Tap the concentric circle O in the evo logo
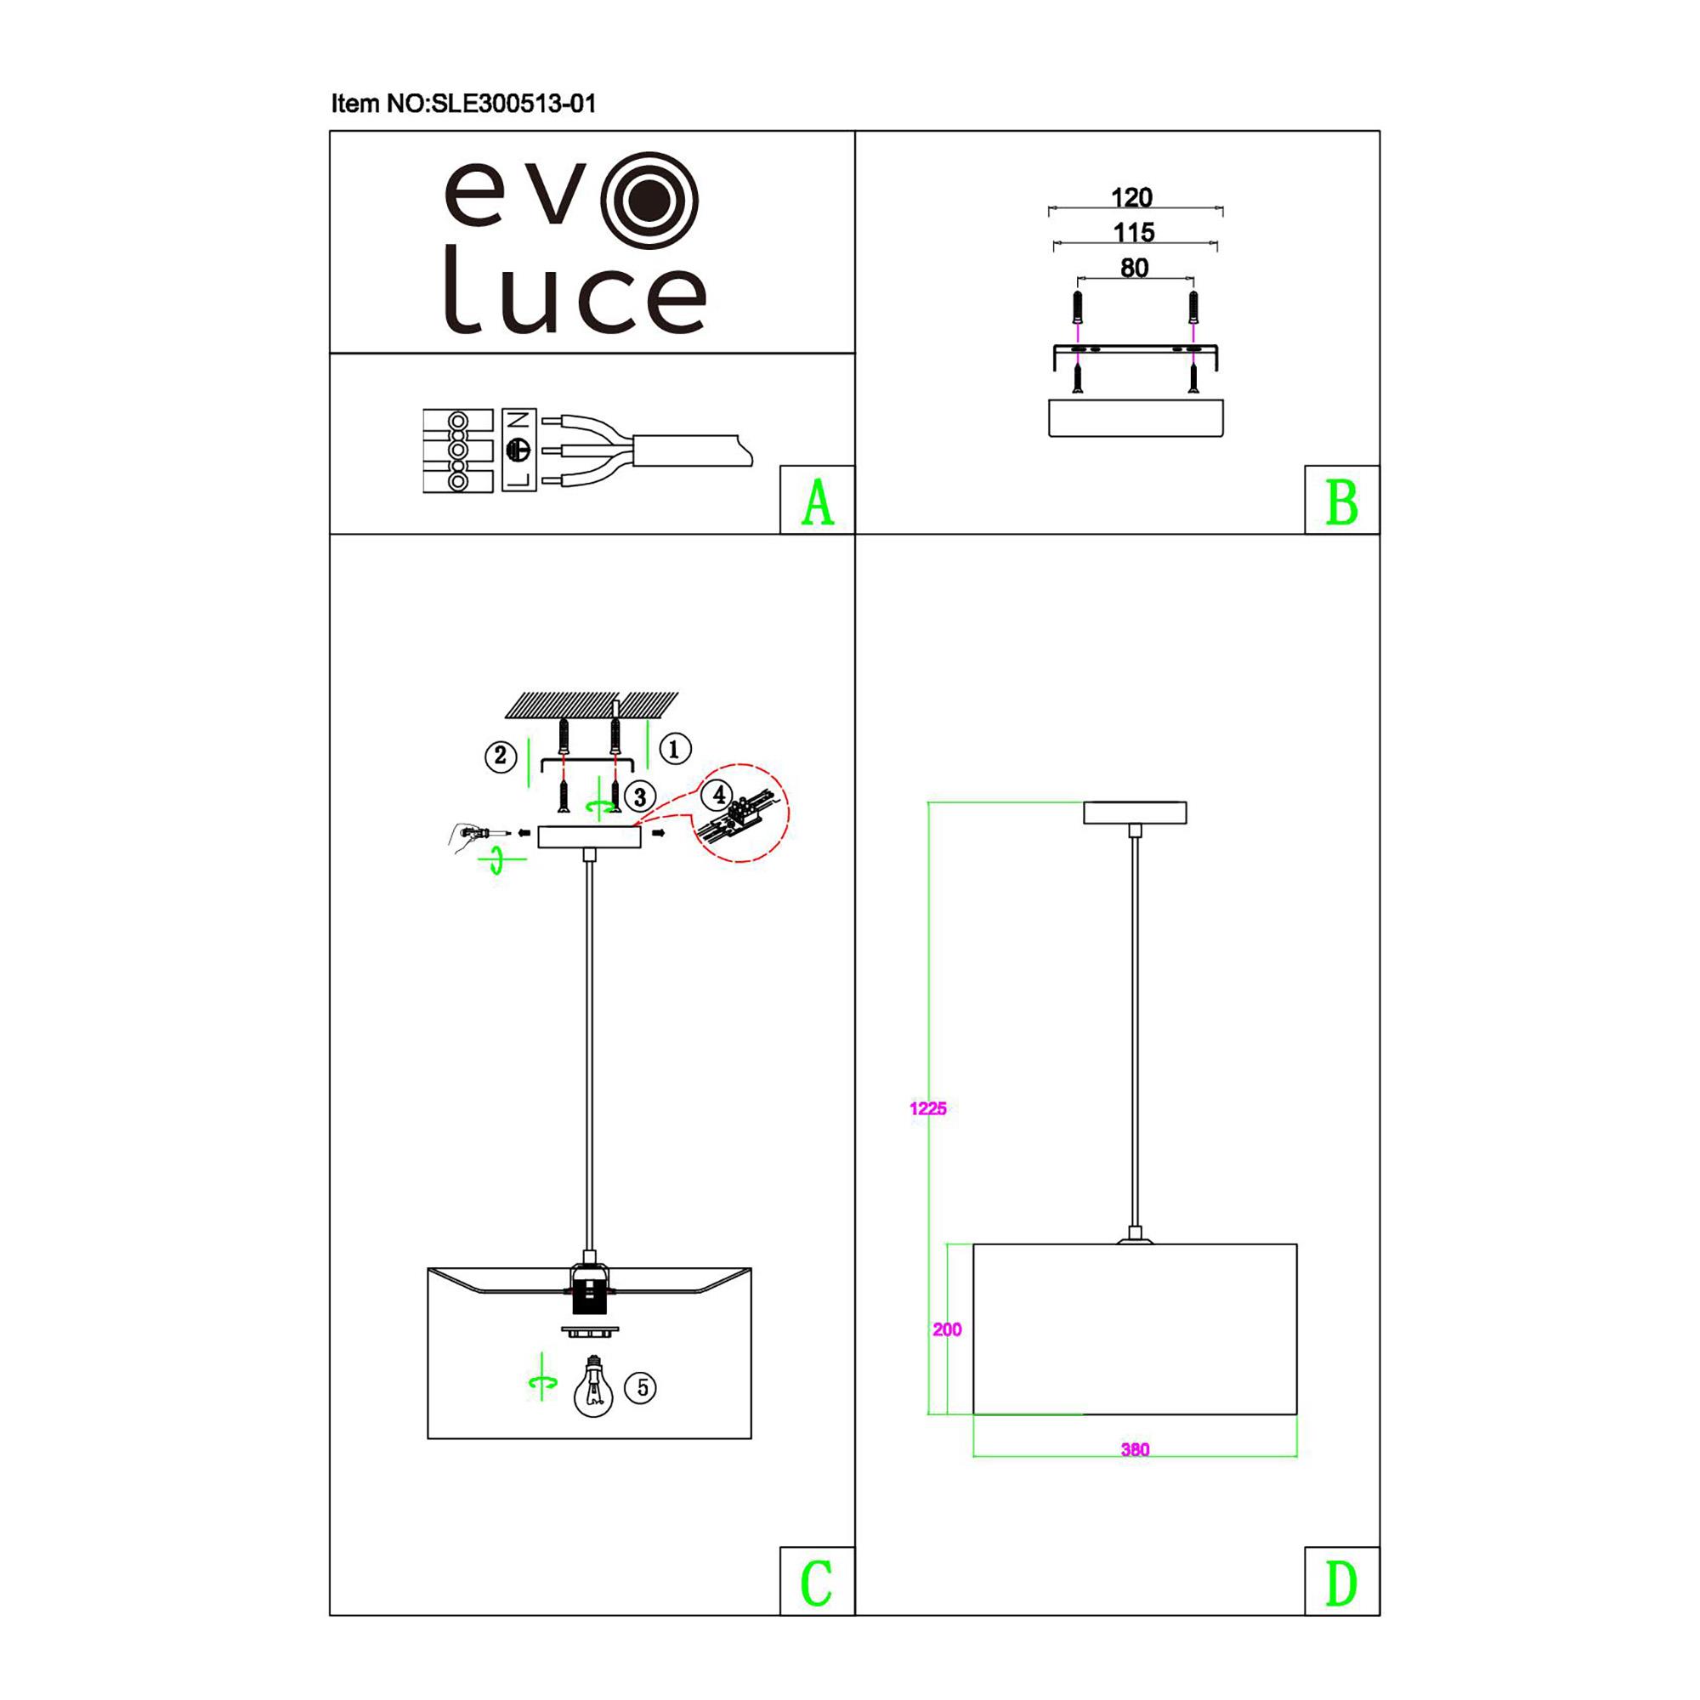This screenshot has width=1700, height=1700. [649, 201]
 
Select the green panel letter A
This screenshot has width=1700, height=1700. [818, 502]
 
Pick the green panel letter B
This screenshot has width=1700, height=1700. [1342, 502]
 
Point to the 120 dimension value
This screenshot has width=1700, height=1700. [1131, 197]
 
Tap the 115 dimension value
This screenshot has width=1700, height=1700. [1133, 232]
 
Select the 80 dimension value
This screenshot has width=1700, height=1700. [1134, 268]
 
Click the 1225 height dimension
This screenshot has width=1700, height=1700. [928, 1108]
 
